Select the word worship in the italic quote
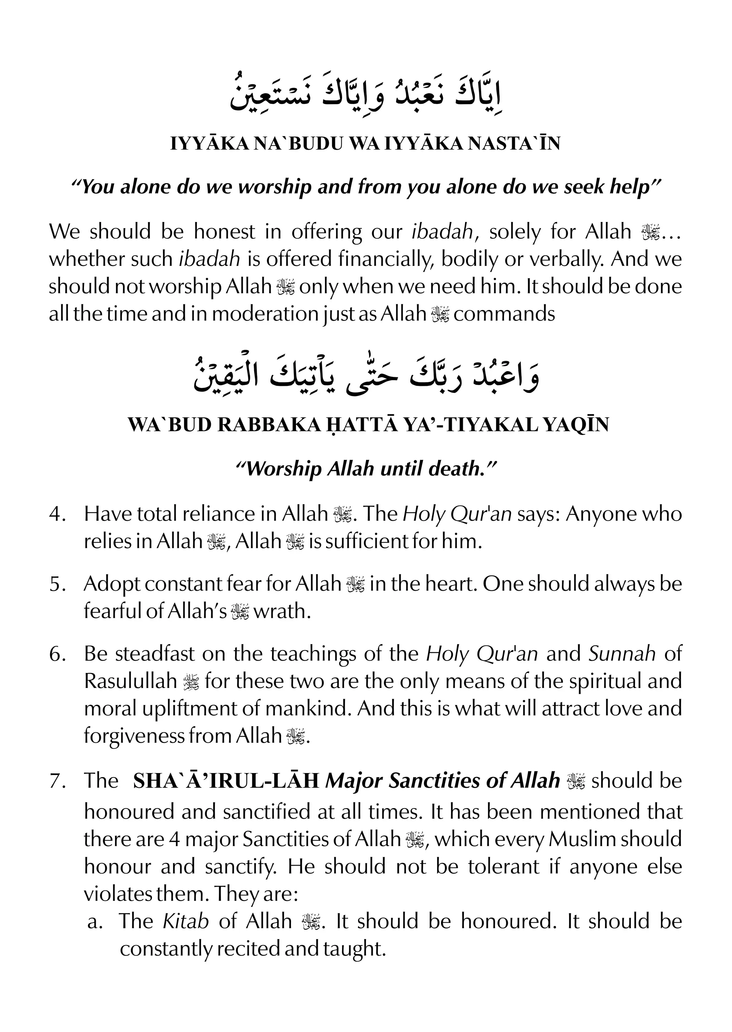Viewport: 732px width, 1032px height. coord(274,187)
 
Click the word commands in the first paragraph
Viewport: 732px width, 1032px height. coord(504,314)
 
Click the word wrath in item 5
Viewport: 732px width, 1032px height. coord(282,612)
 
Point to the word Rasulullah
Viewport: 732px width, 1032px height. coord(130,681)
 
